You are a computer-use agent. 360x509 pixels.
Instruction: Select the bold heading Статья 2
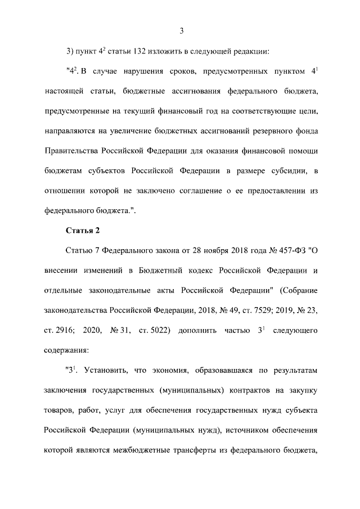(83, 231)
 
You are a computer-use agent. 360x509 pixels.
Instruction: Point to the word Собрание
(299, 290)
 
